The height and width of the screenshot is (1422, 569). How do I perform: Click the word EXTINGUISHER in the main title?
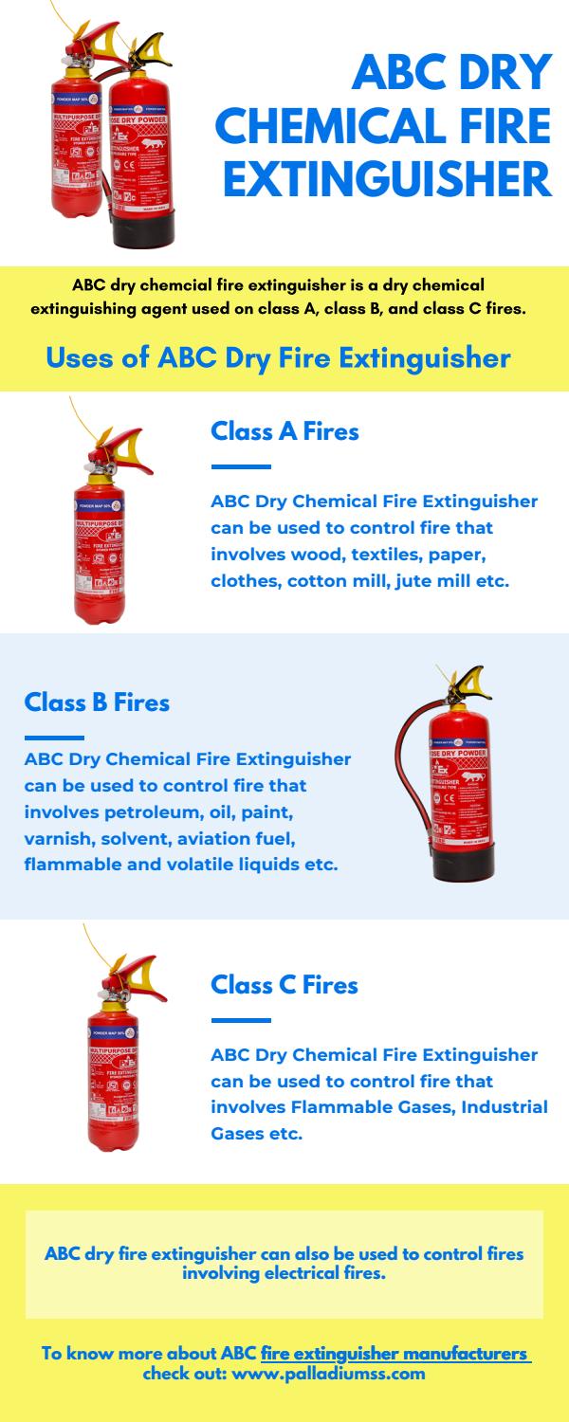(x=388, y=178)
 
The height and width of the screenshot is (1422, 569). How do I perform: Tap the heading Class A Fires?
(x=284, y=431)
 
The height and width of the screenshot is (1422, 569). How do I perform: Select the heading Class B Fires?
(x=97, y=702)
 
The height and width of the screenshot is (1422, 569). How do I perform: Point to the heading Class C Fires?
(x=284, y=985)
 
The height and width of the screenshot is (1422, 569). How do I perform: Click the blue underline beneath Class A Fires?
(x=241, y=466)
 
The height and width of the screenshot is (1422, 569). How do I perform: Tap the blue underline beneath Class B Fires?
(x=54, y=738)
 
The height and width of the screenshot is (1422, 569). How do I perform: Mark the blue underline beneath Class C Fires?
(x=241, y=1020)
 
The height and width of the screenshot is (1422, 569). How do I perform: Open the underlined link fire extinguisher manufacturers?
(x=395, y=1354)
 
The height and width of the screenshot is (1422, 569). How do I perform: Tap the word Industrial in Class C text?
(x=504, y=1107)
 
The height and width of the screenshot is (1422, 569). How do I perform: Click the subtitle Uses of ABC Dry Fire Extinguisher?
(x=278, y=358)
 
